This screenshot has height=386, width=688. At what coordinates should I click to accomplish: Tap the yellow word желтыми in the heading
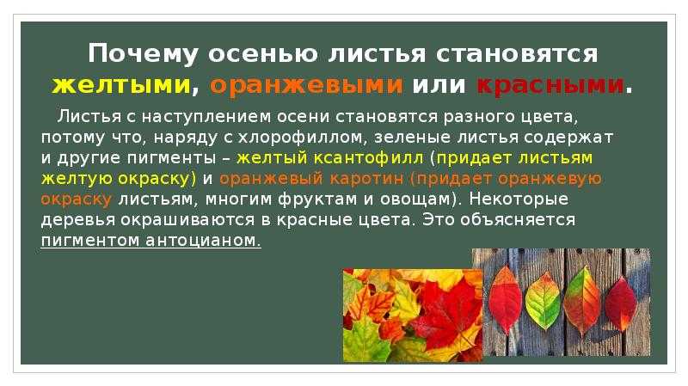pyautogui.click(x=121, y=84)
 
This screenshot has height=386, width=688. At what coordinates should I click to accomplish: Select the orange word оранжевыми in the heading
pyautogui.click(x=306, y=84)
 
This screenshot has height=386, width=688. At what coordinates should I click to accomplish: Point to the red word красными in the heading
pyautogui.click(x=550, y=84)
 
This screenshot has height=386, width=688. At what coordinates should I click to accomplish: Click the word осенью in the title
pyautogui.click(x=263, y=54)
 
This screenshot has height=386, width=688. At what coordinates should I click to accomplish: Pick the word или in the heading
pyautogui.click(x=439, y=84)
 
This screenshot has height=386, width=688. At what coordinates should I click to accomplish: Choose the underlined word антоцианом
pyautogui.click(x=203, y=241)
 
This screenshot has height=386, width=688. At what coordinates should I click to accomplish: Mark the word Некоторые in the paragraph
pyautogui.click(x=519, y=199)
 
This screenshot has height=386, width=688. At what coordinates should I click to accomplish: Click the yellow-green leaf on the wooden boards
pyautogui.click(x=544, y=301)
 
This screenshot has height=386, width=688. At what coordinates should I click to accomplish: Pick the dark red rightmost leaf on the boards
pyautogui.click(x=620, y=303)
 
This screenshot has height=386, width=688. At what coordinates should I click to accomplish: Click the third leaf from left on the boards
pyautogui.click(x=582, y=301)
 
